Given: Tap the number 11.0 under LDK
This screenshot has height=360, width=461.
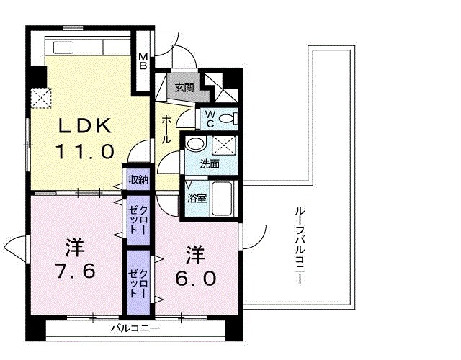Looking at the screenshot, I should click(85, 152).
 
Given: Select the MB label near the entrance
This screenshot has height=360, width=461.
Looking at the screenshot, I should click(143, 61).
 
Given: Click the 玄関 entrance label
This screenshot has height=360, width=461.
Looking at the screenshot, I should click(184, 88).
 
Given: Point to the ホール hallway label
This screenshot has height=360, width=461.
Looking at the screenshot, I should click(167, 130).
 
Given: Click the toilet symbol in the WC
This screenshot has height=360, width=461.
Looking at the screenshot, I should click(227, 118).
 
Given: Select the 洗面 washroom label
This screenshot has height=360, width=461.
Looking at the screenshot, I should click(210, 163).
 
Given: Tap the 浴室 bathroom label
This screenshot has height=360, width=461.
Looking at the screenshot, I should click(197, 197).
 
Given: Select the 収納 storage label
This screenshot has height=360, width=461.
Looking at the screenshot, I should click(138, 180).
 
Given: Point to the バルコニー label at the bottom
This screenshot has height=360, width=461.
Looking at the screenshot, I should click(135, 329).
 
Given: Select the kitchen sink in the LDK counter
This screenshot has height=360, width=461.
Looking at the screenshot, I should click(61, 48).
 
